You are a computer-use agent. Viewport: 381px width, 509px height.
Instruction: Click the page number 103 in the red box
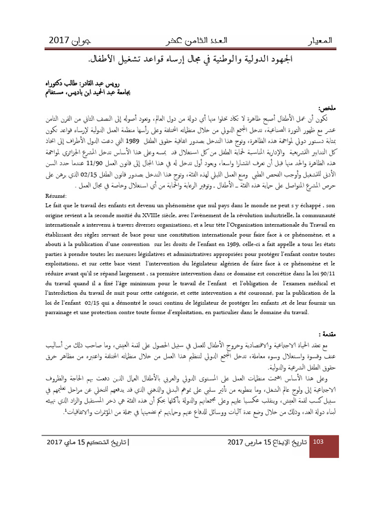(x=318, y=442)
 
